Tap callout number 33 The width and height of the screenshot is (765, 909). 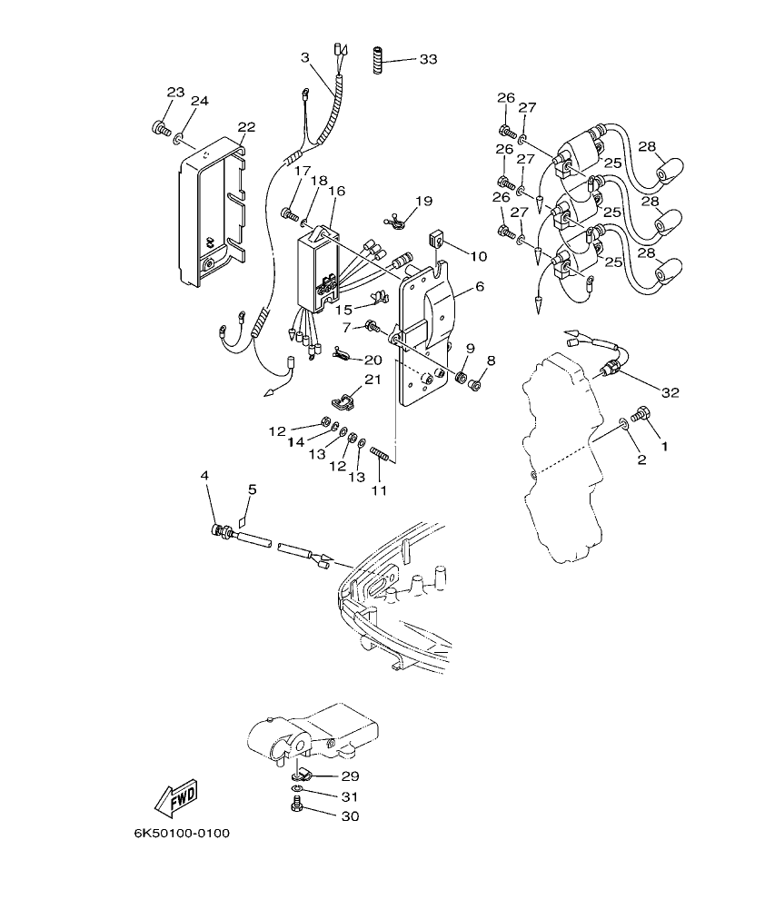click(x=428, y=59)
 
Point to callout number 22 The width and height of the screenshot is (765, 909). click(x=246, y=126)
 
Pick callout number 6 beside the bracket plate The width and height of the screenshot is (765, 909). click(x=479, y=286)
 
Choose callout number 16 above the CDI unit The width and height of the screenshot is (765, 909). click(x=336, y=191)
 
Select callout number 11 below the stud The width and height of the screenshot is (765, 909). click(x=378, y=490)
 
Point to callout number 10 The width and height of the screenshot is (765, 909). click(x=479, y=257)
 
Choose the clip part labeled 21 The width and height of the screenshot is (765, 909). click(x=342, y=399)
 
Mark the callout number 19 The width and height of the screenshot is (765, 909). click(x=424, y=201)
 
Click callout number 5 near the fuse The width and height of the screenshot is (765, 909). click(x=252, y=489)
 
